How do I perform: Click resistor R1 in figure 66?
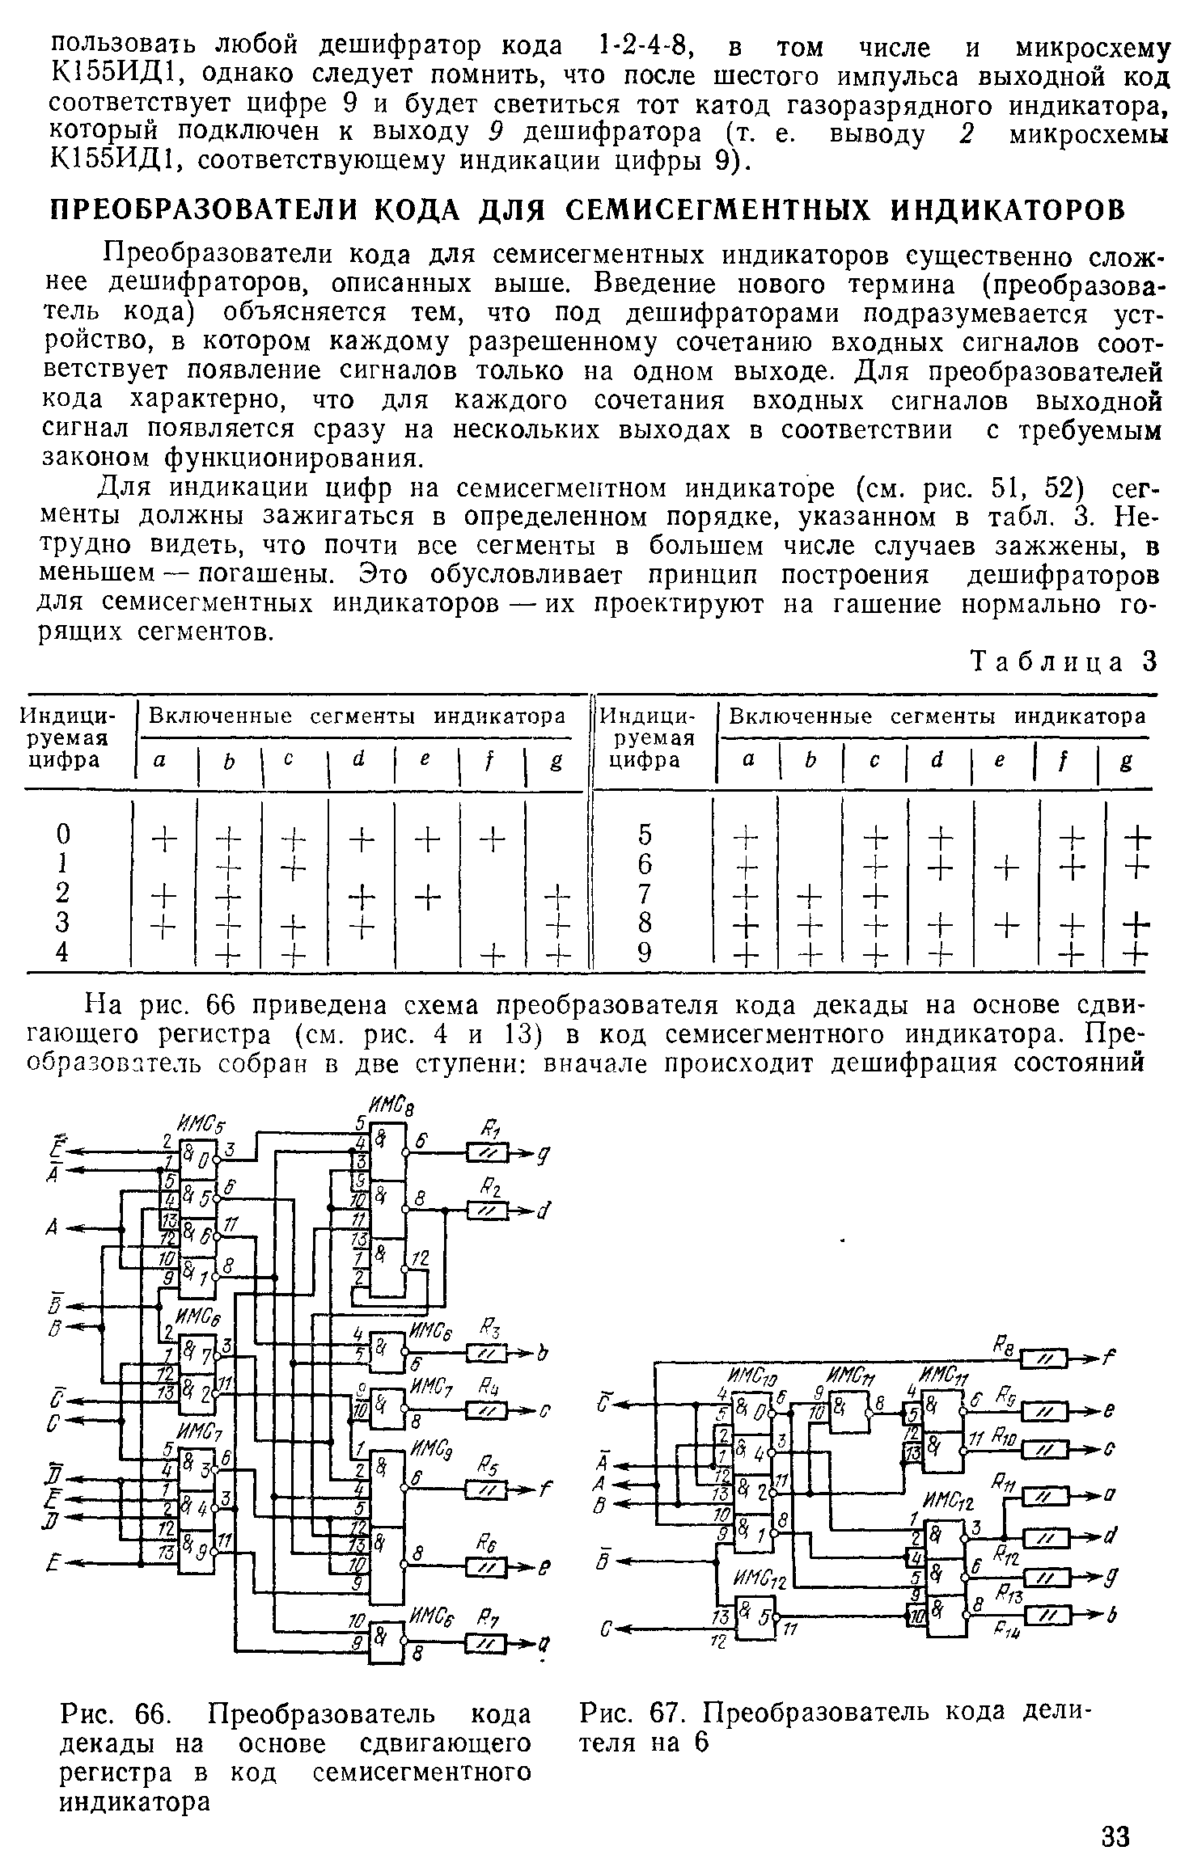(x=487, y=1151)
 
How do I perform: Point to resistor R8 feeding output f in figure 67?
(x=1044, y=1362)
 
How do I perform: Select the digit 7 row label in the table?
(x=645, y=894)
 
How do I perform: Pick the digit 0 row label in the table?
(x=64, y=834)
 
